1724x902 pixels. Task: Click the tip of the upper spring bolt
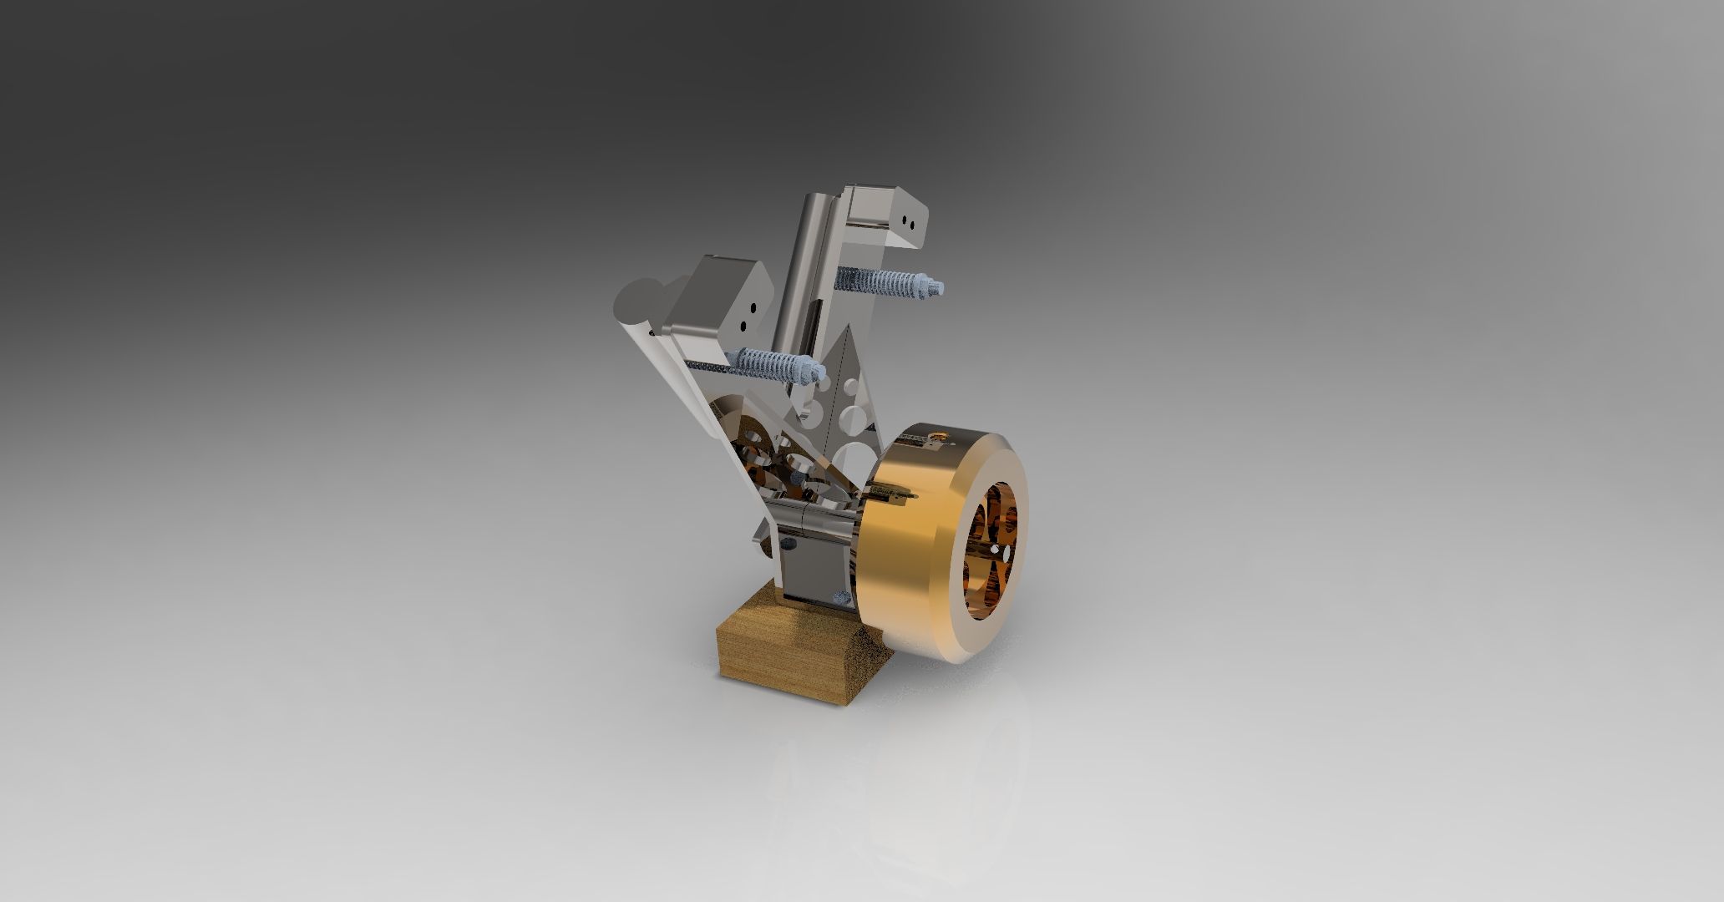tap(941, 288)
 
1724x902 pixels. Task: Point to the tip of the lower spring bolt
tap(230, 372)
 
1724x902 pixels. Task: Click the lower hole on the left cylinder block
tap(159, 327)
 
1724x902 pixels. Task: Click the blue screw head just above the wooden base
tap(840, 596)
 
